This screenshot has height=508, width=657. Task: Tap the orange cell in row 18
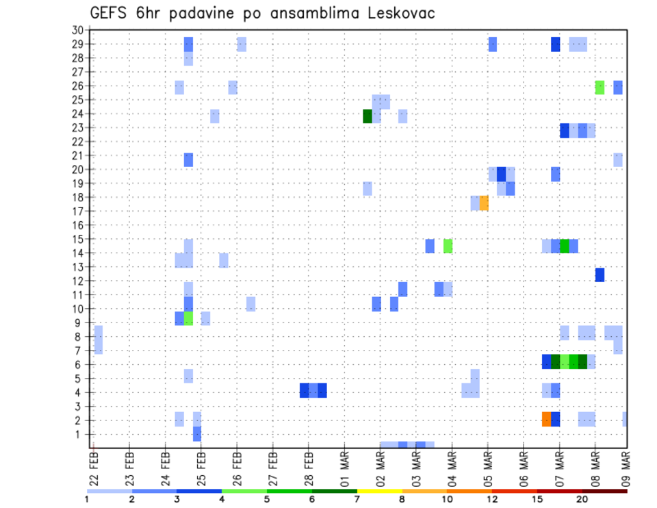coord(484,203)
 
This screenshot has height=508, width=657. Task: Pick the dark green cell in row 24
coord(367,116)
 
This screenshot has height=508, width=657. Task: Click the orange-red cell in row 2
coord(546,419)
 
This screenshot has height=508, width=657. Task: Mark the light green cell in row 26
coord(600,87)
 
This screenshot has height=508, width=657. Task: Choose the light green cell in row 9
coord(188,318)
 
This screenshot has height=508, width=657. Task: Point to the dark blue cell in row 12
coord(600,275)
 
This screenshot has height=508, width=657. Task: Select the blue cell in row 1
coord(197,433)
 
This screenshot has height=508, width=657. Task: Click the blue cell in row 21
coord(188,160)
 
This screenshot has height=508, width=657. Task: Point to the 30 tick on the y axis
coord(77,30)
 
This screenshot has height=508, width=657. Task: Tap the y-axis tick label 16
coord(77,225)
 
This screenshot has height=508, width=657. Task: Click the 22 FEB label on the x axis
coord(94,466)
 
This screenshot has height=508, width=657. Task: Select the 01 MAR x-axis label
coord(344,466)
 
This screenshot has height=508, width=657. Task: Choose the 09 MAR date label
coord(626,466)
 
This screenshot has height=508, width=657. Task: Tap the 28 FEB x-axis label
coord(309,466)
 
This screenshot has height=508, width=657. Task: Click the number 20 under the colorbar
coord(582,499)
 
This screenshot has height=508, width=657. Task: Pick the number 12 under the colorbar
coord(492,499)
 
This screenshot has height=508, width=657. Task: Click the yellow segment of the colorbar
coord(380,491)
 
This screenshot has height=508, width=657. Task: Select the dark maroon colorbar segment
coord(605,491)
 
